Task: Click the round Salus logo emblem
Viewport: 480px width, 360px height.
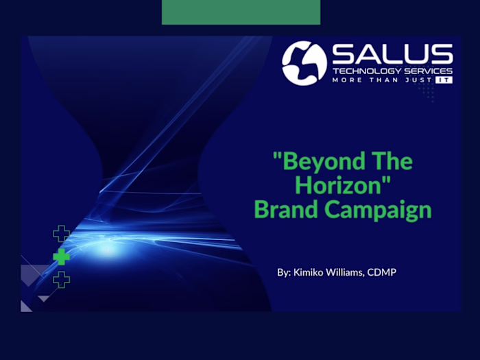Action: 304,63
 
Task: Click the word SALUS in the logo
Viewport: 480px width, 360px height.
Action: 392,54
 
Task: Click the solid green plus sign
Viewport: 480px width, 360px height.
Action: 62,257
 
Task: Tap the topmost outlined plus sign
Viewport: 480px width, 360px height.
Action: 62,234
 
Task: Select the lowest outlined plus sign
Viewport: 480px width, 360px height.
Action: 62,279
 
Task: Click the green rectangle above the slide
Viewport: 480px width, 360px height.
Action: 241,12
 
